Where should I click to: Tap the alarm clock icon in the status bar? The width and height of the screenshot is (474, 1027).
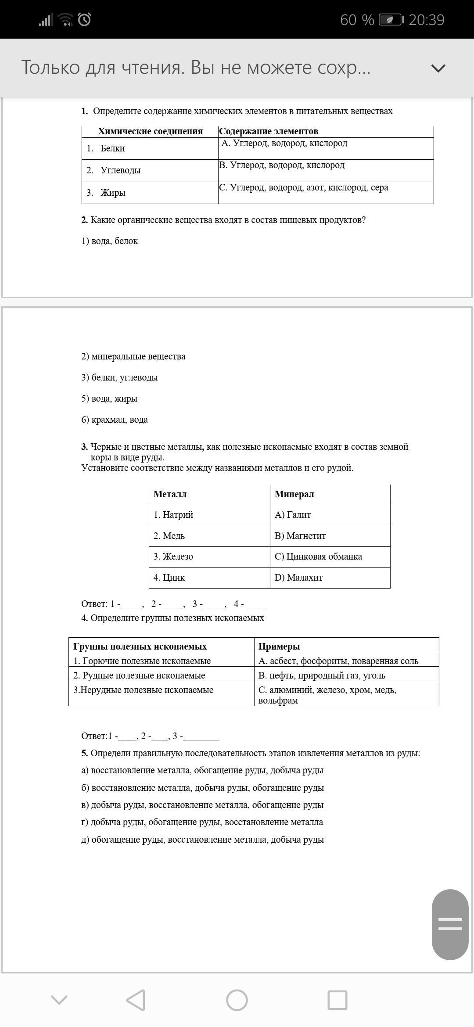tap(84, 20)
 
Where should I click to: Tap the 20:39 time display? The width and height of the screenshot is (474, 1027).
tap(426, 20)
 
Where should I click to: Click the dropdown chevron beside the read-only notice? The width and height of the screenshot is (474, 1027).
tap(438, 68)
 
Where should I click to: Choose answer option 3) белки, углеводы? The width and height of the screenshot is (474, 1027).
tap(119, 377)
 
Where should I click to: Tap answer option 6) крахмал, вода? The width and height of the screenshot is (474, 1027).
tap(115, 420)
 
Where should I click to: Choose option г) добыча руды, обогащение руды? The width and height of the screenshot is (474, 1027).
tap(202, 822)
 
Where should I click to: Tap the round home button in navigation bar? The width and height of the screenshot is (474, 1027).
tap(237, 1000)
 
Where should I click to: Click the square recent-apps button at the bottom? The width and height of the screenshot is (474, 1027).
tap(338, 1000)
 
